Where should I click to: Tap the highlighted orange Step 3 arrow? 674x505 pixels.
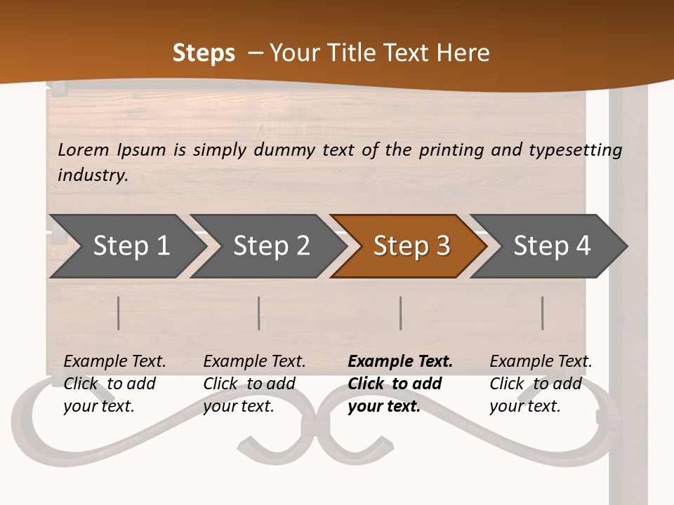tap(411, 245)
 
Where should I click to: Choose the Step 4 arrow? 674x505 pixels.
tap(552, 245)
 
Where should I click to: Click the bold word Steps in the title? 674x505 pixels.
tap(204, 53)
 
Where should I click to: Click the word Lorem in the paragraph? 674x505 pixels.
tap(84, 149)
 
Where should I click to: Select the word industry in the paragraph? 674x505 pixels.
tap(93, 175)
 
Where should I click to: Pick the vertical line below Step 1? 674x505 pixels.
tap(119, 313)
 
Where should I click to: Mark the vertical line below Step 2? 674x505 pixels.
tap(259, 313)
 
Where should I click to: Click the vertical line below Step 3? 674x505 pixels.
tap(401, 313)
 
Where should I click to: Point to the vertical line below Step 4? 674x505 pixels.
tap(543, 313)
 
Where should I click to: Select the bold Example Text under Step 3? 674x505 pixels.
tap(400, 362)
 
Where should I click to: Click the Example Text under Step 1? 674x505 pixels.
tap(114, 362)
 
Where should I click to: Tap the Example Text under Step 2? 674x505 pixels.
tap(254, 362)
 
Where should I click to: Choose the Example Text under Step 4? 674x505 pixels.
tap(541, 362)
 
